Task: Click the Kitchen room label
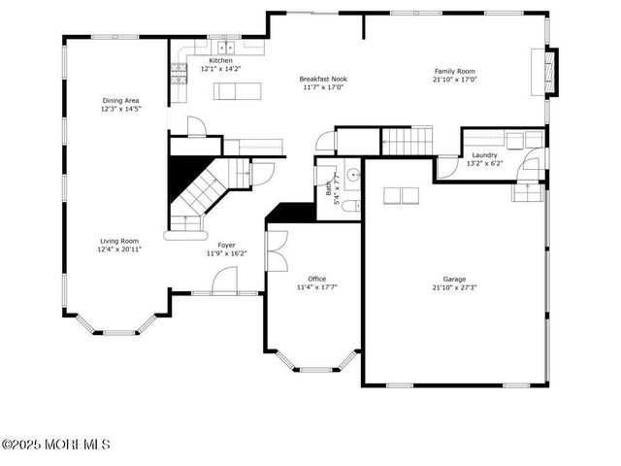tap(220, 60)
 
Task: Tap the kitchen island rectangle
tap(239, 91)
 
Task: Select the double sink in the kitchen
tap(226, 46)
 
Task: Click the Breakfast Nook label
tap(323, 79)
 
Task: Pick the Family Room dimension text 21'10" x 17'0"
tap(454, 81)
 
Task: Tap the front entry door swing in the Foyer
tap(224, 282)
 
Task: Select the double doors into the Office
tap(276, 250)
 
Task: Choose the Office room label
tap(317, 279)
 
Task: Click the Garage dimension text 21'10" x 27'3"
tap(454, 287)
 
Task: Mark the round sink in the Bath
tap(353, 176)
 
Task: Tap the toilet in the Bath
tap(354, 204)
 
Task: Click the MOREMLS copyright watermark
tap(55, 445)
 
